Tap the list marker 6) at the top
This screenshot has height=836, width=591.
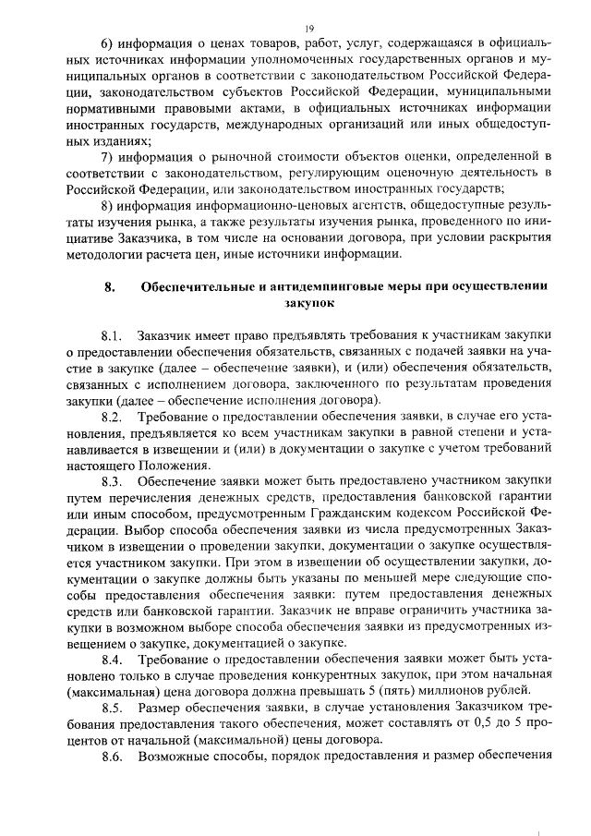[x=107, y=43]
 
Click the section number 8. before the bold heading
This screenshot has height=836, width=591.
[x=109, y=285]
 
